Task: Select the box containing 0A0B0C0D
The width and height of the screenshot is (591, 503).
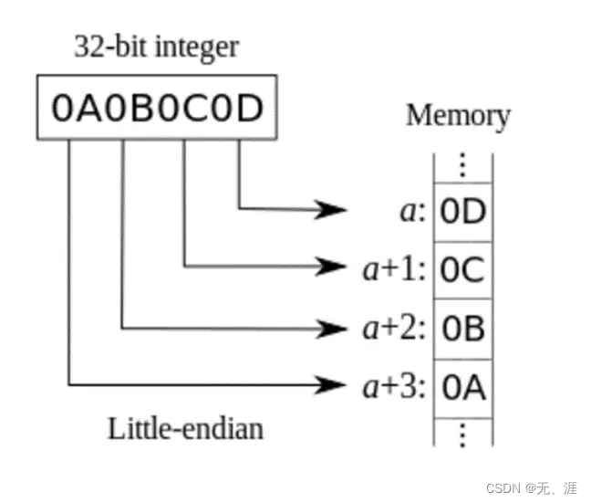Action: point(156,109)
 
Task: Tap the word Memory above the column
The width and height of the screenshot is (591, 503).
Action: point(458,116)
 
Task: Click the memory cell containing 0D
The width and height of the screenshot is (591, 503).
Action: point(462,212)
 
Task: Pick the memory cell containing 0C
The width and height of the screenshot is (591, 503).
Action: point(462,270)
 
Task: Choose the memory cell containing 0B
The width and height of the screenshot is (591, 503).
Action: point(462,329)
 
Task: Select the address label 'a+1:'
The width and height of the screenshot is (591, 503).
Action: point(395,270)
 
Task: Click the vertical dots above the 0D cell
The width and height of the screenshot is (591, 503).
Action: point(462,165)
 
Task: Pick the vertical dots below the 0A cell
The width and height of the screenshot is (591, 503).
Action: point(462,433)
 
